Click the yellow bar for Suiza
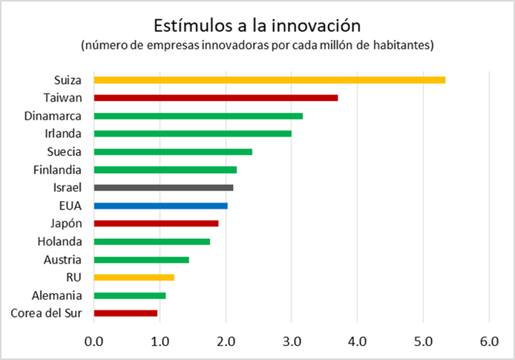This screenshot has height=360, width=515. click(269, 79)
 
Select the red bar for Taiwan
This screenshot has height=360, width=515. click(215, 97)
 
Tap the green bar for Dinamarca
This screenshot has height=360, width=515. click(198, 116)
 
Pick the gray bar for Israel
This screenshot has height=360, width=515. click(163, 188)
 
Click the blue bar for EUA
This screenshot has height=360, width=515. click(160, 206)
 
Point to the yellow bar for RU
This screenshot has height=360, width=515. click(134, 277)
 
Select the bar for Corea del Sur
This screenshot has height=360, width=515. click(125, 313)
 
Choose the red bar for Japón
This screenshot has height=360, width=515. click(156, 223)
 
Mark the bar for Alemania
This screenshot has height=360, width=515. click(130, 295)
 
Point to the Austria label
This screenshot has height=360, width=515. click(62, 260)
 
